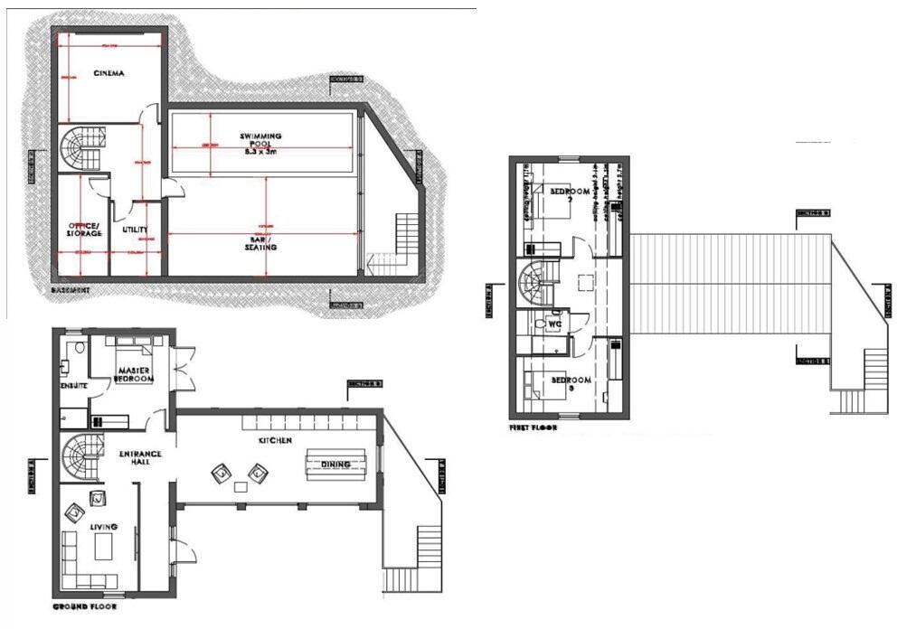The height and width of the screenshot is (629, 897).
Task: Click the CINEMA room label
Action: click(x=109, y=72)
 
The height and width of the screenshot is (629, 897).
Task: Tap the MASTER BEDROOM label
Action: click(x=134, y=371)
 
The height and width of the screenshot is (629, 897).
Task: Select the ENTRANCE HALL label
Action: click(x=140, y=459)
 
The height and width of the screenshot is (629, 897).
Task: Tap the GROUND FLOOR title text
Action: click(x=84, y=606)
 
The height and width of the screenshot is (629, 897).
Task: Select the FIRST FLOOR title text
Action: click(x=533, y=427)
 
